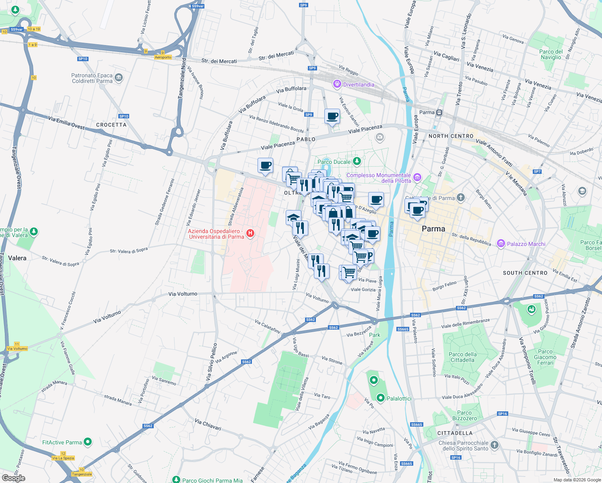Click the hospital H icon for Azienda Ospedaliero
click(250, 233)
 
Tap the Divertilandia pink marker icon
click(337, 84)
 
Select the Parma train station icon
click(439, 113)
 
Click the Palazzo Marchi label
click(526, 244)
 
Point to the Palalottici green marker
click(381, 398)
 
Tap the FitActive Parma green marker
click(88, 442)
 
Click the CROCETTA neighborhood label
click(111, 125)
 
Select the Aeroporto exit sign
click(163, 57)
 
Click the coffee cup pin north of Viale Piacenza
click(332, 117)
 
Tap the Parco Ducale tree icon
click(357, 161)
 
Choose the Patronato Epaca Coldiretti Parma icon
click(118, 77)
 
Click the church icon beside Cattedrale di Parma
click(461, 198)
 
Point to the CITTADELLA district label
click(455, 433)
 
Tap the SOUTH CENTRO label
click(525, 273)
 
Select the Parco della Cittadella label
click(462, 357)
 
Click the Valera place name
click(17, 258)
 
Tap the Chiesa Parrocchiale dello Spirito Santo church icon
click(495, 445)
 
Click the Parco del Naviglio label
click(551, 54)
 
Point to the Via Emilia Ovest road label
click(66, 123)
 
